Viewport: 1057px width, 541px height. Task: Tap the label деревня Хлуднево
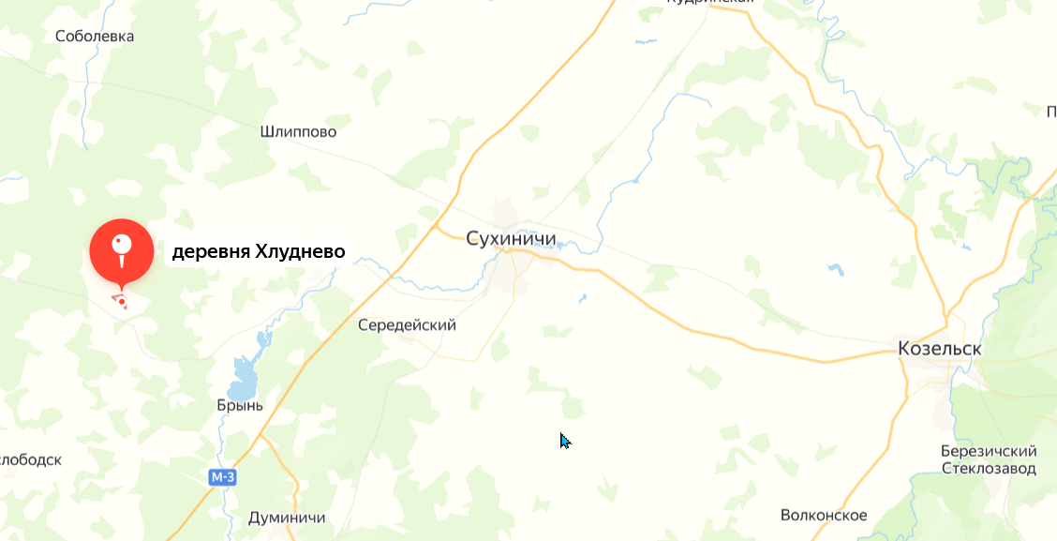259,252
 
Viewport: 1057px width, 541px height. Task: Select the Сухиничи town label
511,238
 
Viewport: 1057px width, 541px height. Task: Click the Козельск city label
939,348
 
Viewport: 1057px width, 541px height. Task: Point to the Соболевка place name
95,37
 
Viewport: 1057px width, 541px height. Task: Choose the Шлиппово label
298,132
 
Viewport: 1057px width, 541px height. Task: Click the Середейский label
407,325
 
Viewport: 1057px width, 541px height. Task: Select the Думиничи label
287,518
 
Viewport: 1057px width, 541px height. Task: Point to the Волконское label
824,516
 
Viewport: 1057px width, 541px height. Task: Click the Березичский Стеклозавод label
989,459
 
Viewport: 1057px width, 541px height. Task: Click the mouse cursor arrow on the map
564,440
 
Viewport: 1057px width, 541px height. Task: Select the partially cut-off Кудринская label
710,3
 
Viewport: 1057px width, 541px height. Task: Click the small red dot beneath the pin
121,301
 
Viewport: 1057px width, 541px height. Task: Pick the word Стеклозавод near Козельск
989,468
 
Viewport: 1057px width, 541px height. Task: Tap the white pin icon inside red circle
121,247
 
